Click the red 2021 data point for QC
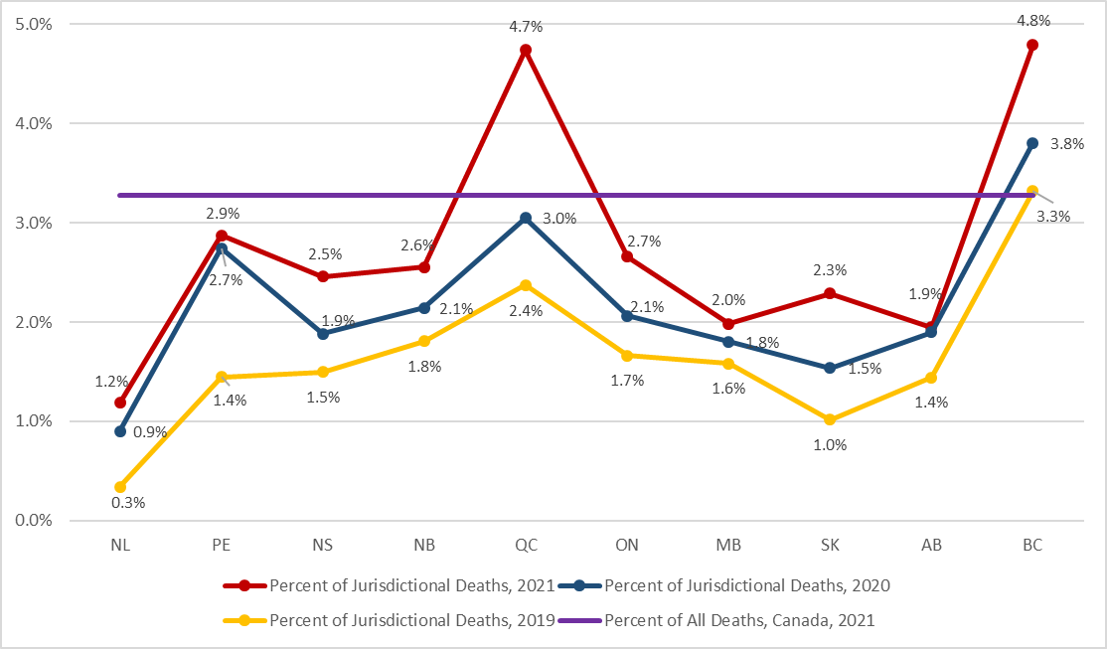click(526, 50)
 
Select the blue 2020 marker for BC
click(1032, 143)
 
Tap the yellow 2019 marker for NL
click(120, 487)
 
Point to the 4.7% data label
click(526, 26)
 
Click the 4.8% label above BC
click(1032, 20)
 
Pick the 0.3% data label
click(128, 503)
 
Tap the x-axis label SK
click(830, 546)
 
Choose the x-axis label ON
click(627, 546)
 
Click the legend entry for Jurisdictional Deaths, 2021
click(387, 585)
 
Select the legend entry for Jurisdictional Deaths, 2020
click(724, 585)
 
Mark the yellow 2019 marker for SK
click(830, 419)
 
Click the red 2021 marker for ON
click(627, 256)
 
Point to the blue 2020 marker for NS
click(323, 334)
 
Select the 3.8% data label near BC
click(1067, 144)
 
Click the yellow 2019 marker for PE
click(222, 377)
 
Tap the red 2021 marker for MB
click(728, 323)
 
